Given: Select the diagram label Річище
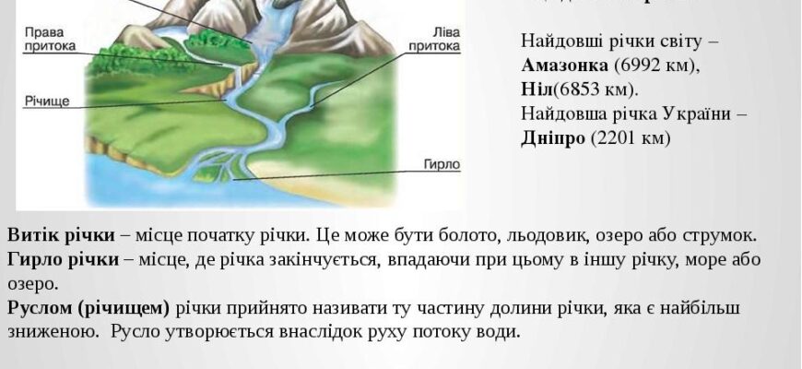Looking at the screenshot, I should click(x=42, y=99).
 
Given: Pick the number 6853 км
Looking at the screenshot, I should click(x=591, y=89).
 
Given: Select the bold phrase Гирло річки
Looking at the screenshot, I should click(x=63, y=259).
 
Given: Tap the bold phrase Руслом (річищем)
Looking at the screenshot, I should click(x=88, y=308).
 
